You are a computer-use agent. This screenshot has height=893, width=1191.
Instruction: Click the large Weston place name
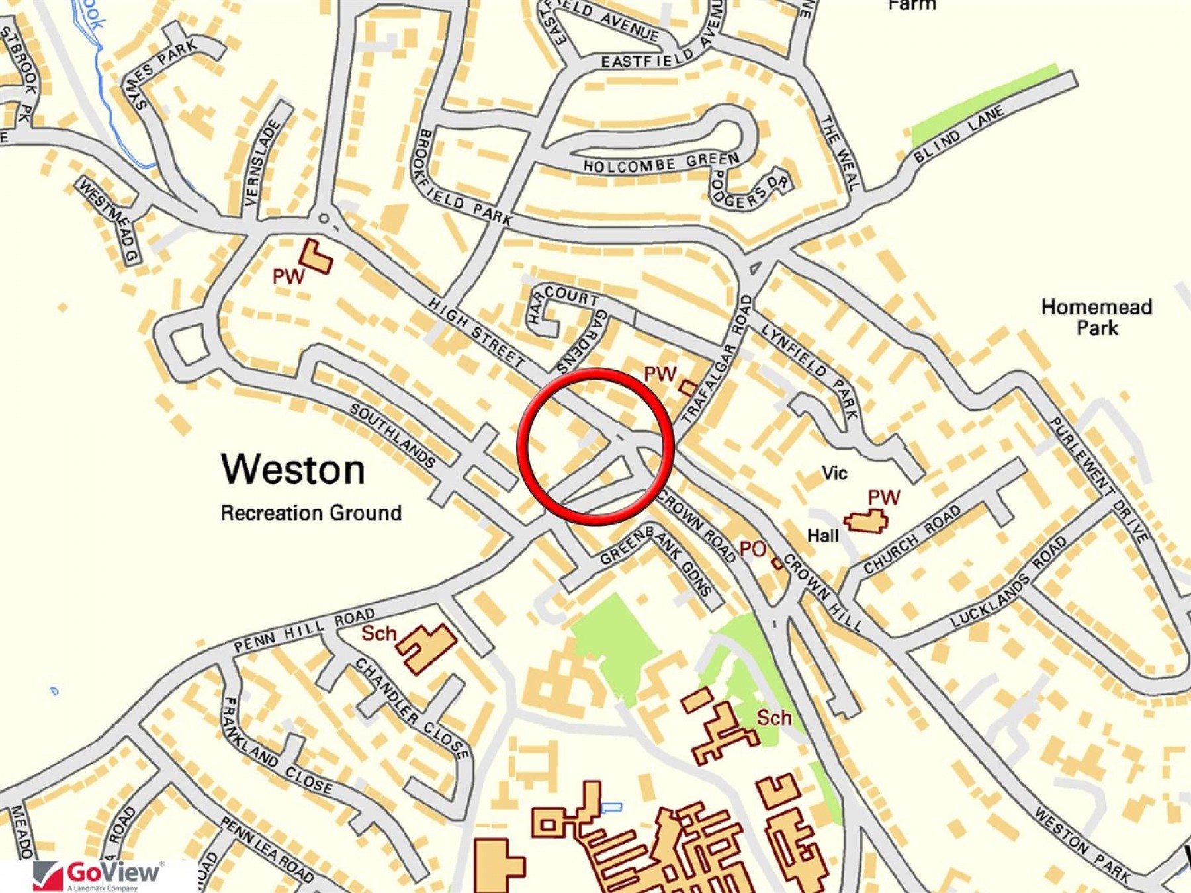pos(292,470)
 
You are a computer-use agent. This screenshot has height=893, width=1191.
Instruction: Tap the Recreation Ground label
pos(311,513)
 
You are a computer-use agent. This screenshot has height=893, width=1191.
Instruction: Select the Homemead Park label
pos(1096,317)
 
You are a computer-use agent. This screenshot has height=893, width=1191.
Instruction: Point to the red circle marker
pos(595,446)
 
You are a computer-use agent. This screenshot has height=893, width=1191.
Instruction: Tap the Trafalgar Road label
pos(717,360)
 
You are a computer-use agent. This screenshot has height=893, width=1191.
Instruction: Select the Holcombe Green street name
pos(661,163)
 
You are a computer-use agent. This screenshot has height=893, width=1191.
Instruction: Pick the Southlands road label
pos(393,435)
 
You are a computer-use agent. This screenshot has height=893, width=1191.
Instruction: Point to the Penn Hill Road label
pos(304,630)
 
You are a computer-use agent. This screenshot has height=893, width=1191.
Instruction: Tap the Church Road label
pos(912,539)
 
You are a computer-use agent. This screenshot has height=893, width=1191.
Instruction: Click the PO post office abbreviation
pos(752,549)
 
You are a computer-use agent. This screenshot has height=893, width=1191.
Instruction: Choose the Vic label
pos(834,473)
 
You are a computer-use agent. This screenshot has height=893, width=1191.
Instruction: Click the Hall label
pos(823,535)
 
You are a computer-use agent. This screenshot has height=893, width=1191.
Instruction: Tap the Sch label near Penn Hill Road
pos(378,634)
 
